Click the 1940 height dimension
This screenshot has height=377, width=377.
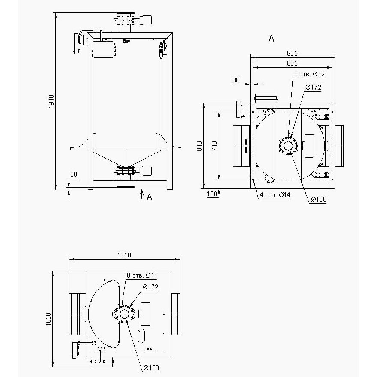coord(51,101)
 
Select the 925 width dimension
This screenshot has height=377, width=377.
coord(292,53)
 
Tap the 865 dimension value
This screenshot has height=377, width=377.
coord(292,63)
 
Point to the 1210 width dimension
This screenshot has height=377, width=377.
coord(124,255)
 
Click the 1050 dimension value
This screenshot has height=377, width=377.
coord(48,319)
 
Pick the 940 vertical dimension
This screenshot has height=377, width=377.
coord(199,146)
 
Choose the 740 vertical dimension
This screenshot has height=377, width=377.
coord(214,146)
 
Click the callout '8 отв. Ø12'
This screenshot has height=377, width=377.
coord(309,74)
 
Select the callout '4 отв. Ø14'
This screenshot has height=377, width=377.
coord(275,195)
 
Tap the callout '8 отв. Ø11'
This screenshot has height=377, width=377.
coord(142,275)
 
